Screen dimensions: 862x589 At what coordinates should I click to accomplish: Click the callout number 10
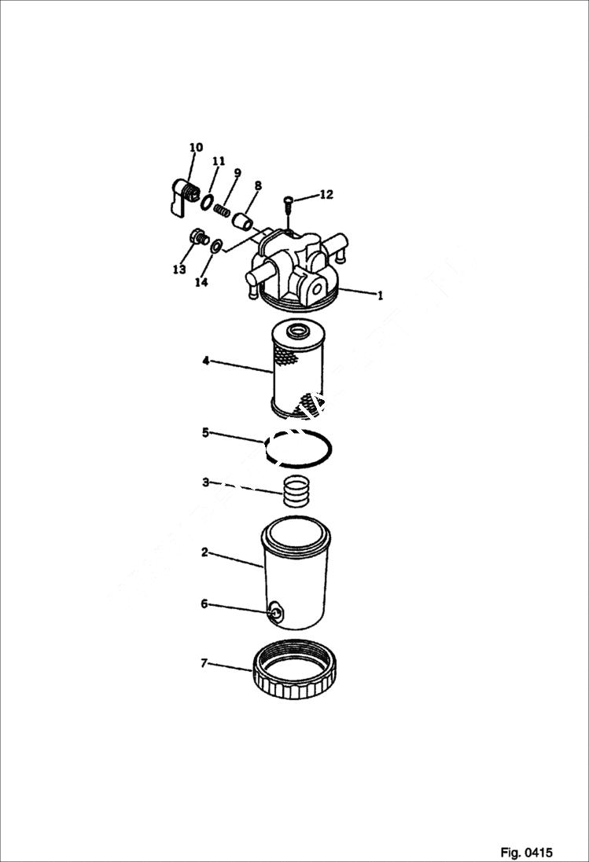(196, 147)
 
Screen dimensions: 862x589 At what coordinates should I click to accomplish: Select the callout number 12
(326, 194)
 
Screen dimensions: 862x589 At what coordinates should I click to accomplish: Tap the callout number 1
(380, 296)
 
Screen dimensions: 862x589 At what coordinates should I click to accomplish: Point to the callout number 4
(205, 361)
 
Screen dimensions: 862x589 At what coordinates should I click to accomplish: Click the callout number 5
(205, 432)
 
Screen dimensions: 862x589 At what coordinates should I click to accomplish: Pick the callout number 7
(204, 664)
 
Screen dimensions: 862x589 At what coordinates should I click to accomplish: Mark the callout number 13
(179, 270)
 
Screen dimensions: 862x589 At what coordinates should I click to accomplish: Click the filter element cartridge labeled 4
(296, 369)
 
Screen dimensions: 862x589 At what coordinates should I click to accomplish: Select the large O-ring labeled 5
(300, 449)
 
